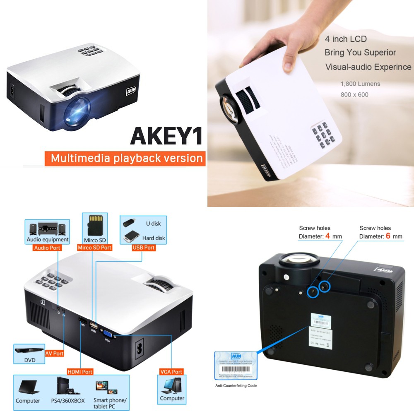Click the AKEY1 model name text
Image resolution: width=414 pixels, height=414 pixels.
tap(166, 136)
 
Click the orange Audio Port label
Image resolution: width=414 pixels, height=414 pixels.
tap(47, 248)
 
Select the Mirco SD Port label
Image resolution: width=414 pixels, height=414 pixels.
tap(94, 248)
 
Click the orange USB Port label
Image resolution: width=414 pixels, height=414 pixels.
tap(144, 248)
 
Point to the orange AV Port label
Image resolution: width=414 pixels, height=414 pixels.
tap(54, 354)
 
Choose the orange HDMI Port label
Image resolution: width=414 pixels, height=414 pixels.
tap(80, 372)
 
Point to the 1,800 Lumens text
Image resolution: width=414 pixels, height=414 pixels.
tap(360, 84)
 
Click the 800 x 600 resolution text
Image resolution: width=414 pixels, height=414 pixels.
tap(354, 94)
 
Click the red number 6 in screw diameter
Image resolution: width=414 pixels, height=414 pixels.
tap(388, 236)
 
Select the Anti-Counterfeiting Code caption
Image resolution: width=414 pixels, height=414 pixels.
tap(236, 385)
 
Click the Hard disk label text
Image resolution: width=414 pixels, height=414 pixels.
tap(154, 238)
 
